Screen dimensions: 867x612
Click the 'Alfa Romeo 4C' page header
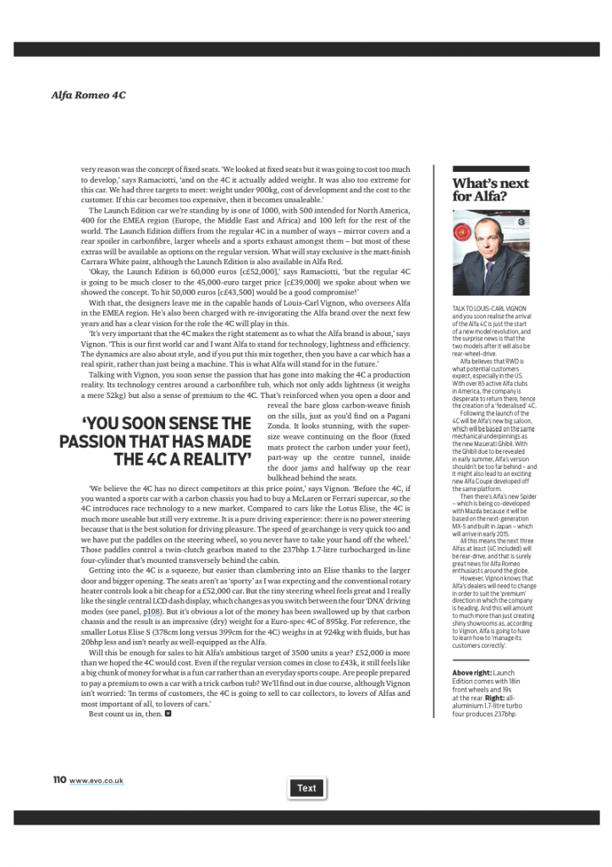pyautogui.click(x=89, y=95)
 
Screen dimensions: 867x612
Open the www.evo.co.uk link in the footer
pyautogui.click(x=96, y=779)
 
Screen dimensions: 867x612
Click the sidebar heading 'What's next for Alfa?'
pyautogui.click(x=490, y=190)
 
